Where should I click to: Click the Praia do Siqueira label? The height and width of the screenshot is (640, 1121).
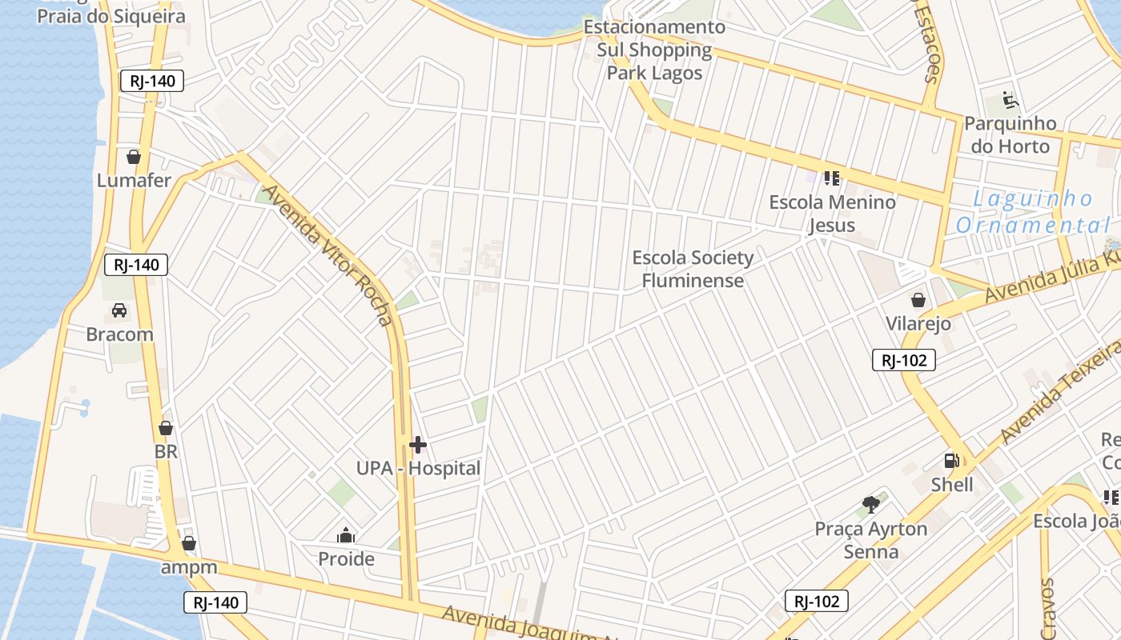tap(111, 15)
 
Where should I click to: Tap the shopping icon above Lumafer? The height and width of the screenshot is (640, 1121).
tap(134, 157)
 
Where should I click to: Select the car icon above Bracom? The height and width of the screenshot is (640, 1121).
tap(119, 310)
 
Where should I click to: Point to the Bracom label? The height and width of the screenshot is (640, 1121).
tap(119, 334)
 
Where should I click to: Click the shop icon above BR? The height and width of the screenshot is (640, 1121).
tap(166, 429)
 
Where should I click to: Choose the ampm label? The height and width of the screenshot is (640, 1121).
tap(189, 567)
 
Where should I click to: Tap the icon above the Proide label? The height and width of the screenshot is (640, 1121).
tap(346, 535)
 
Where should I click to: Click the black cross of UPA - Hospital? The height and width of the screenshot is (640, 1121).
tap(418, 445)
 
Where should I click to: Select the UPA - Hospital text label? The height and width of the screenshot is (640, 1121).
tap(419, 468)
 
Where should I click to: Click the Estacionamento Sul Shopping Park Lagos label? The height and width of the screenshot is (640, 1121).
tap(654, 50)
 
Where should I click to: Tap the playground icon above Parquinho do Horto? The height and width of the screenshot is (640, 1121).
tap(1011, 101)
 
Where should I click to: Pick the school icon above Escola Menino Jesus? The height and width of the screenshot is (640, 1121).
tap(832, 178)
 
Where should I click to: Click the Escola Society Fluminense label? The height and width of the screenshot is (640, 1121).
tap(693, 269)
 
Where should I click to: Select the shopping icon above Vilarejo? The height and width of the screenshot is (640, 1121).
tap(918, 301)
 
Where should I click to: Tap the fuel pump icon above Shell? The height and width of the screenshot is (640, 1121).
tap(952, 461)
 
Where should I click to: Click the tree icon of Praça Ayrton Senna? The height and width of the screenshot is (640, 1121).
tap(871, 505)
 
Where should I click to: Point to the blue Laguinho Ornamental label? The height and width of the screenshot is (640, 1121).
tap(1033, 212)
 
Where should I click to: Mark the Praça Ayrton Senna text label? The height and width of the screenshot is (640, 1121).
tap(871, 540)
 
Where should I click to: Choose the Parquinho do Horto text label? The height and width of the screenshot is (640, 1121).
tap(1010, 134)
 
